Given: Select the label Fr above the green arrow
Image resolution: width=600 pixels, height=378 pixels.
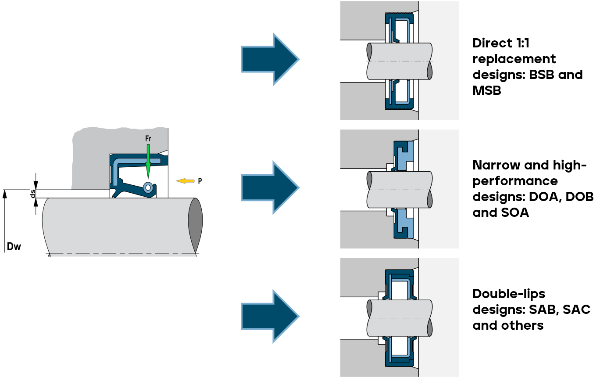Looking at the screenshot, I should [x=148, y=139].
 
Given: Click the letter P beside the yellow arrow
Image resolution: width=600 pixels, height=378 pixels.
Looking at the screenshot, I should [x=200, y=180].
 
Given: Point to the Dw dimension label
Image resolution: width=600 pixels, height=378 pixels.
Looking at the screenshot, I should [x=14, y=246].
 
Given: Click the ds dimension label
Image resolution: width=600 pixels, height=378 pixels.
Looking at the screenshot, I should [x=32, y=194].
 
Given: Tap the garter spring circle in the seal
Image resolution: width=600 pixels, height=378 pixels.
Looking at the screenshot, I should [x=148, y=187].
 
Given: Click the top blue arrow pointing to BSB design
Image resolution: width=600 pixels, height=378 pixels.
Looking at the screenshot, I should [x=269, y=59].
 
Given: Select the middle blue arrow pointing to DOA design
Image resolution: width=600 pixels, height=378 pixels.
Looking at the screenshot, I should [x=269, y=187].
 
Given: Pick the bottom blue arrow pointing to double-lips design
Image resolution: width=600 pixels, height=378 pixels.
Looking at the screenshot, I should [x=269, y=316].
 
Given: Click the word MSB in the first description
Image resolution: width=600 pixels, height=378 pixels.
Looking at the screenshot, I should [x=486, y=90].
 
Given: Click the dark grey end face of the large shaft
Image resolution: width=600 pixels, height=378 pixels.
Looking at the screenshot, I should [x=196, y=225].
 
